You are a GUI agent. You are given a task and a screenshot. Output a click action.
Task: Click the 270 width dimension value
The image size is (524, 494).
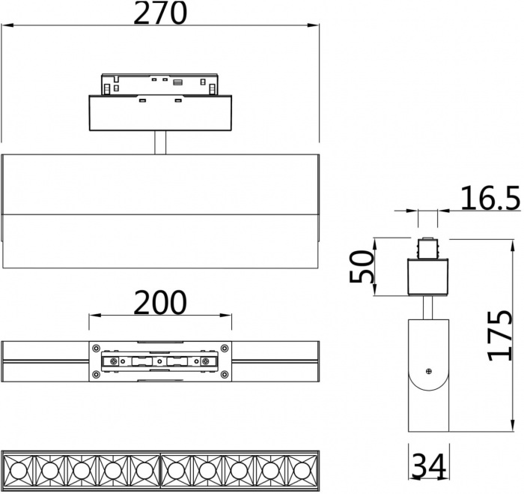pos(160,13)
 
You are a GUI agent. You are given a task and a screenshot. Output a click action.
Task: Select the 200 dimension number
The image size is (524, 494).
pos(160,303)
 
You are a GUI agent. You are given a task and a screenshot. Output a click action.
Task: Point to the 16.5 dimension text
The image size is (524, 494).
pos(490,199)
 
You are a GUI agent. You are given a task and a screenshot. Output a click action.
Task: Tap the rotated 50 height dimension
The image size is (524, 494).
pos(362,268)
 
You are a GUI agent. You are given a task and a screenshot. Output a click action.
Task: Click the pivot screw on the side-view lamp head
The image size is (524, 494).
pos(428,371)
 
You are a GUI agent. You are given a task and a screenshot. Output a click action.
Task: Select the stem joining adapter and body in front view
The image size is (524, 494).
pos(160,142)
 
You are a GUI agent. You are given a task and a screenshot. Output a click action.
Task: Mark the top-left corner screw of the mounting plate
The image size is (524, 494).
pos(97,346)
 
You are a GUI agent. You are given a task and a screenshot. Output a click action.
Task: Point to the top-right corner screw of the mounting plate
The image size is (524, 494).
pos(223,346)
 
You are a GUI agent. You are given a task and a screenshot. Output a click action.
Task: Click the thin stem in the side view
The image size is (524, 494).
pos(427,307)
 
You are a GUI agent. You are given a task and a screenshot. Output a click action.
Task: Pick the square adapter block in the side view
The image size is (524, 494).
pos(427,277)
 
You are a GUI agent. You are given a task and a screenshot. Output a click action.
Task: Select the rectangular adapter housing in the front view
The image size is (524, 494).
pos(159,112)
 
